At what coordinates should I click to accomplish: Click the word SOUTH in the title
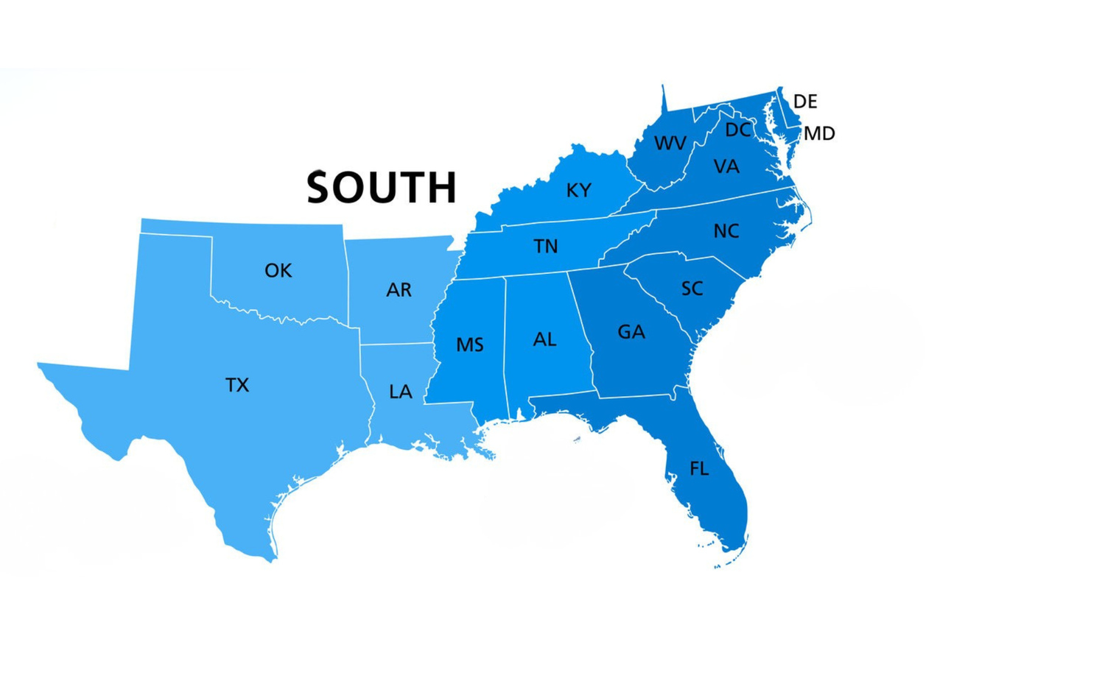(382, 187)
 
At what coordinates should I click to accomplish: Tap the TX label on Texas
(237, 385)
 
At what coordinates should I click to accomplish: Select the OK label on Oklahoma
(278, 271)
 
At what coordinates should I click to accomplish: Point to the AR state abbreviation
(399, 290)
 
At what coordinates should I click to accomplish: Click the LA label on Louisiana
(400, 392)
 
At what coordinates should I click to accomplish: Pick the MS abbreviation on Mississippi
(469, 345)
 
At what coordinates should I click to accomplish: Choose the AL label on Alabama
(544, 339)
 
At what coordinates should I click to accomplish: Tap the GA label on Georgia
(631, 332)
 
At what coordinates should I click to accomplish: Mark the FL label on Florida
(699, 469)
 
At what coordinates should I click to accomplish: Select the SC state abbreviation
(692, 289)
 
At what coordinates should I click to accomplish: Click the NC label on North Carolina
(726, 231)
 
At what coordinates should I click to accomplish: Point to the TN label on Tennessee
(545, 247)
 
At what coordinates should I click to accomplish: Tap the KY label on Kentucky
(578, 191)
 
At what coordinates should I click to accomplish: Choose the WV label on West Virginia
(670, 143)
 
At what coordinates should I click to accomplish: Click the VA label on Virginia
(726, 167)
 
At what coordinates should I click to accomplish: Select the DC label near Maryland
(737, 130)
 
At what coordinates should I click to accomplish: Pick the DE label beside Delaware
(805, 102)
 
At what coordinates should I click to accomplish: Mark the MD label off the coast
(819, 134)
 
